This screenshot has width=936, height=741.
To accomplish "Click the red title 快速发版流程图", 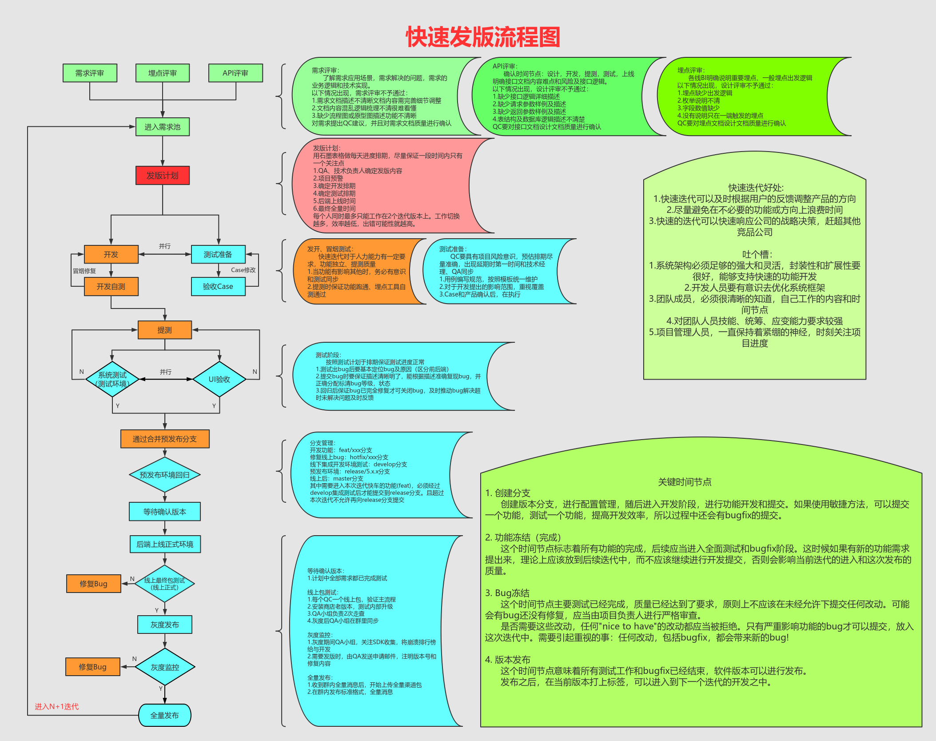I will pyautogui.click(x=483, y=37).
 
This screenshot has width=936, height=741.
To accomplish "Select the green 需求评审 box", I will pyautogui.click(x=90, y=73).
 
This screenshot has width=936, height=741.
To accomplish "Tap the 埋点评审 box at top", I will pyautogui.click(x=163, y=73).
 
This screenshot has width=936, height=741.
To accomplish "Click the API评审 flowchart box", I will pyautogui.click(x=235, y=73).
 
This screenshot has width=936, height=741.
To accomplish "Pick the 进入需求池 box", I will pyautogui.click(x=163, y=127).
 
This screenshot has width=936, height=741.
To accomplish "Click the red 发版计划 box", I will pyautogui.click(x=163, y=175).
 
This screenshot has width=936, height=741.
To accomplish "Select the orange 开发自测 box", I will pyautogui.click(x=111, y=286).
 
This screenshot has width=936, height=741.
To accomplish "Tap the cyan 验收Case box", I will pyautogui.click(x=218, y=286).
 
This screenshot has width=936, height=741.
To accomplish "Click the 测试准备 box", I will pyautogui.click(x=218, y=254).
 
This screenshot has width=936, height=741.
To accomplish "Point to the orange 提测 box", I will pyautogui.click(x=165, y=330).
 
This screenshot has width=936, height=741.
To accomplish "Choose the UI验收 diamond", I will pyautogui.click(x=219, y=379).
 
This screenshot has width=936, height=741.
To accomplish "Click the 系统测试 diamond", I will pyautogui.click(x=112, y=379).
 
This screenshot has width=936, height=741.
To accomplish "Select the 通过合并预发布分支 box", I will pyautogui.click(x=165, y=439).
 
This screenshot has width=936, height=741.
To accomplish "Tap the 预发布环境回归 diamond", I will pyautogui.click(x=165, y=475).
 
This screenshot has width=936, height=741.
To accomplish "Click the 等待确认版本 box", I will pyautogui.click(x=165, y=512).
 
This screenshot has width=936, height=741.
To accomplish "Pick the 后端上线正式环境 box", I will pyautogui.click(x=165, y=544).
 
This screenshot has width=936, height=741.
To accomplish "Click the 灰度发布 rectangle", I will pyautogui.click(x=165, y=625).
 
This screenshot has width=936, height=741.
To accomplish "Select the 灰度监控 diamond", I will pyautogui.click(x=165, y=667).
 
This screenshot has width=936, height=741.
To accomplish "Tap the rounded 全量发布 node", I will pyautogui.click(x=165, y=715).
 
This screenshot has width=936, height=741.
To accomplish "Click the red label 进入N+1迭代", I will pyautogui.click(x=57, y=706).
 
